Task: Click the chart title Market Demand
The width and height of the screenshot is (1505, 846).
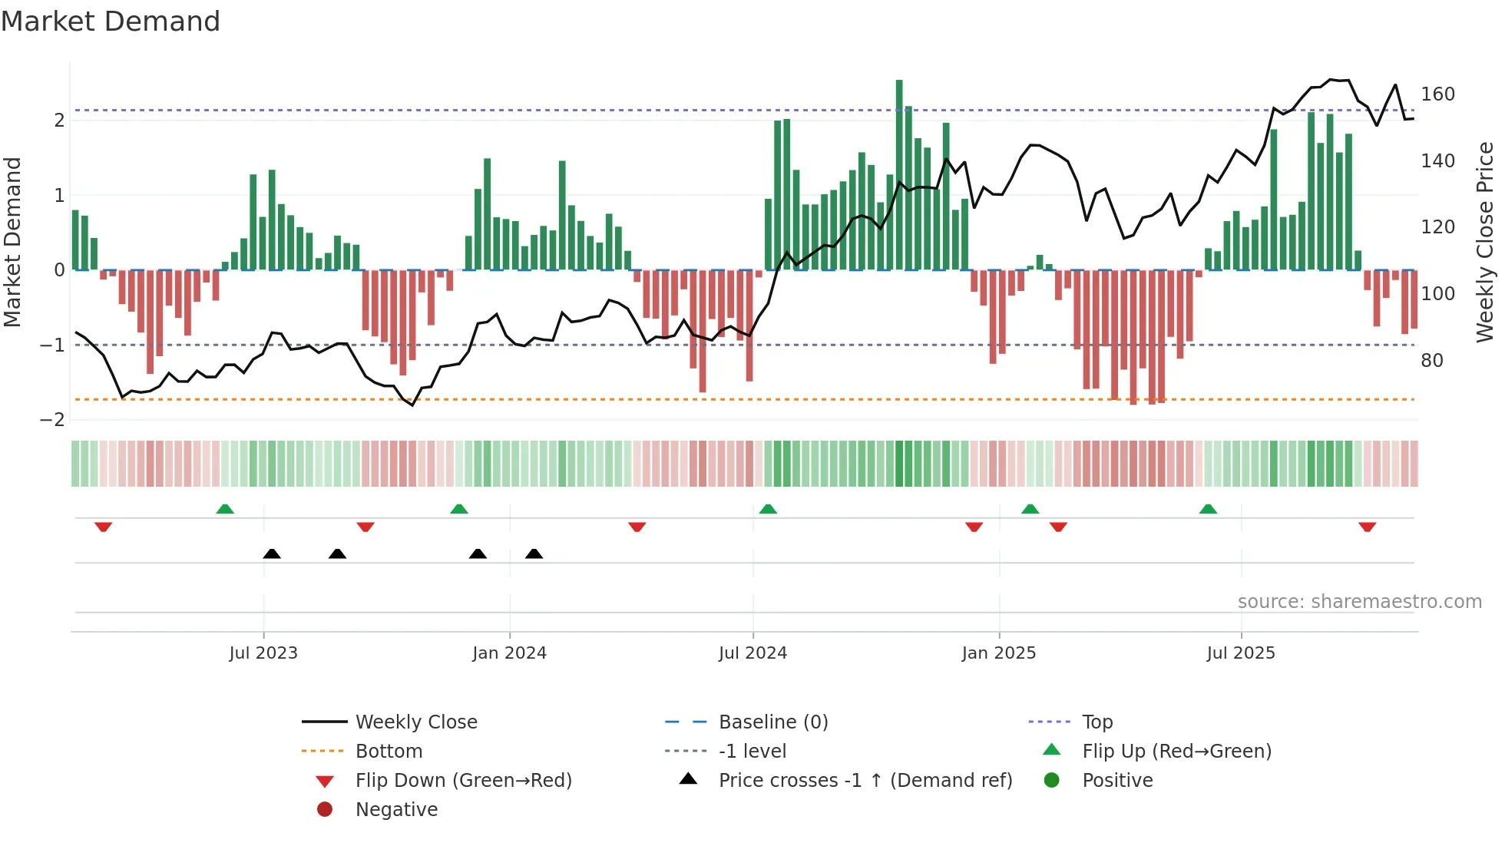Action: click(111, 21)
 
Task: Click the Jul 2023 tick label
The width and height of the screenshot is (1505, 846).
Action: click(263, 653)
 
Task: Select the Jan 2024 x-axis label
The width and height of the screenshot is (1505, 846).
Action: click(509, 653)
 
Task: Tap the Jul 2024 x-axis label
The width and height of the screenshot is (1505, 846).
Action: click(752, 653)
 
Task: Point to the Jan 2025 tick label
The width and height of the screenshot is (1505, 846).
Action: click(998, 653)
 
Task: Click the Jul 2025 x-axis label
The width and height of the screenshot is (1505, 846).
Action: click(1241, 653)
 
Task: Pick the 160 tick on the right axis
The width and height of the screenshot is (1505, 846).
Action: click(1437, 94)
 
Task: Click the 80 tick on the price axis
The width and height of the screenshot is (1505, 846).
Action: click(1432, 361)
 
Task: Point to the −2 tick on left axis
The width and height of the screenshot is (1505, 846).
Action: click(53, 420)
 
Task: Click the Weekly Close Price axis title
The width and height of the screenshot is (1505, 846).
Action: click(1485, 242)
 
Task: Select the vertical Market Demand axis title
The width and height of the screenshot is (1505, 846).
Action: click(13, 242)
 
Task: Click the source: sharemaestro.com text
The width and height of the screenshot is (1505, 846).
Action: click(1359, 602)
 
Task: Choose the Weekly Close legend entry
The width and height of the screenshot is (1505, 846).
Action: click(415, 722)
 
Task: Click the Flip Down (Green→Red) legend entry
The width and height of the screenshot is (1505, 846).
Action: click(463, 781)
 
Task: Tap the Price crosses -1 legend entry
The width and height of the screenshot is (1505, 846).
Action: click(865, 781)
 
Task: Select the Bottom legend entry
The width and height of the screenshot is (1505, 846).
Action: click(389, 752)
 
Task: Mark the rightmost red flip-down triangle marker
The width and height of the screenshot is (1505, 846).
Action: click(1367, 527)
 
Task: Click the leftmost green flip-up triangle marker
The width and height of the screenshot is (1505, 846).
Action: click(225, 509)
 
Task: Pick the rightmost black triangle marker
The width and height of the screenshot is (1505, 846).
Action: click(534, 554)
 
